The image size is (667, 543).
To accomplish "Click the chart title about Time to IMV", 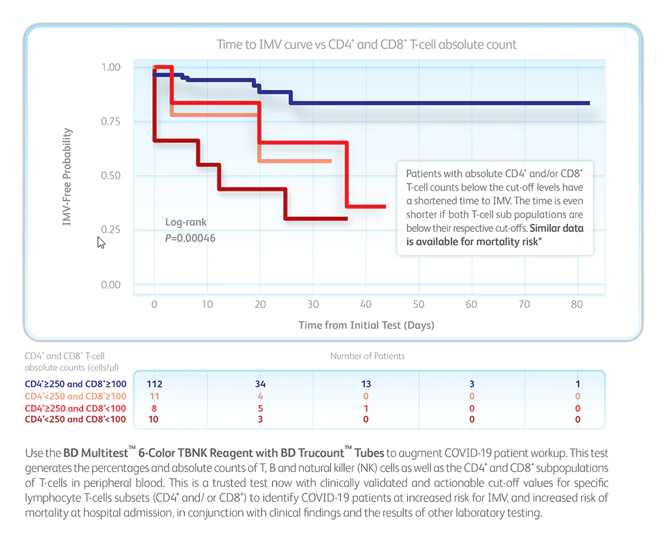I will point(366,45).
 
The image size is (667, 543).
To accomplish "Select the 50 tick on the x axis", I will point(418,305).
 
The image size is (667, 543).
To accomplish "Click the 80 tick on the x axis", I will point(577,305).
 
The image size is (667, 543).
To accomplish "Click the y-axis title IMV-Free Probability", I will point(67,177).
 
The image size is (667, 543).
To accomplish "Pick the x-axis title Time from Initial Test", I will point(366,325).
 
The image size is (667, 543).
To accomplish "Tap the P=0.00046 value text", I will point(190,238).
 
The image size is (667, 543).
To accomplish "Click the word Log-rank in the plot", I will point(185,223).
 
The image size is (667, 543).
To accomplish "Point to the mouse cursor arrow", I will point(100,242).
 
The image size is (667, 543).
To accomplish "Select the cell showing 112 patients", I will point(154,384).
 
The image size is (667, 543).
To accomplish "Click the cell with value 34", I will point(260,384).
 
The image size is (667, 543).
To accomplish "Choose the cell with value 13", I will point(366,384).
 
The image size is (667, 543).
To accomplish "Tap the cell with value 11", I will point(154,396).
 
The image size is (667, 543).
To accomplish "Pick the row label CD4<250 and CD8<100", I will point(75,419).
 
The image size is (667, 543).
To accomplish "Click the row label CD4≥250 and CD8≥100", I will point(75,384).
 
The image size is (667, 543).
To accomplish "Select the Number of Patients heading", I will point(368,356).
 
